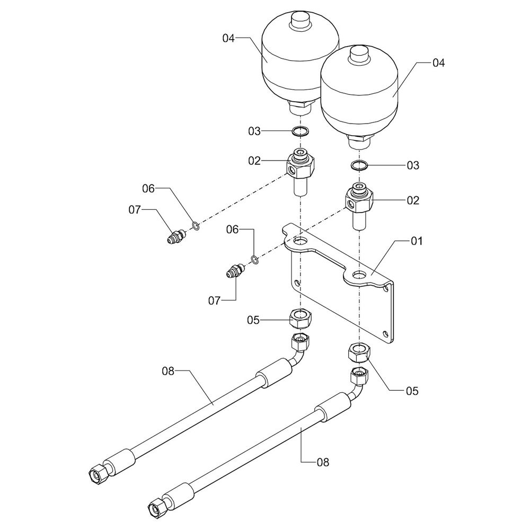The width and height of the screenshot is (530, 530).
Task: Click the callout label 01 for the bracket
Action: pyautogui.click(x=417, y=241)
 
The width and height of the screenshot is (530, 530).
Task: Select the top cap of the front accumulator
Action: pyautogui.click(x=360, y=55)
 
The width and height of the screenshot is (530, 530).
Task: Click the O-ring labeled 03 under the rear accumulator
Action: pyautogui.click(x=300, y=131)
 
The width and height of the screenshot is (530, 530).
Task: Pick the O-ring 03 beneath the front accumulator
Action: pyautogui.click(x=359, y=165)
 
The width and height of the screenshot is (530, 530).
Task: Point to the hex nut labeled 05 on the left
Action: pyautogui.click(x=301, y=319)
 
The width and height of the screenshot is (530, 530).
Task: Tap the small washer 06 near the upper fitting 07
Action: pyautogui.click(x=196, y=225)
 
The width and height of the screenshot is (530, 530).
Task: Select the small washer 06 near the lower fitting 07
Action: pyautogui.click(x=254, y=260)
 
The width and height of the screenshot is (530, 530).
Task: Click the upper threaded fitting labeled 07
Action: pyautogui.click(x=176, y=236)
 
